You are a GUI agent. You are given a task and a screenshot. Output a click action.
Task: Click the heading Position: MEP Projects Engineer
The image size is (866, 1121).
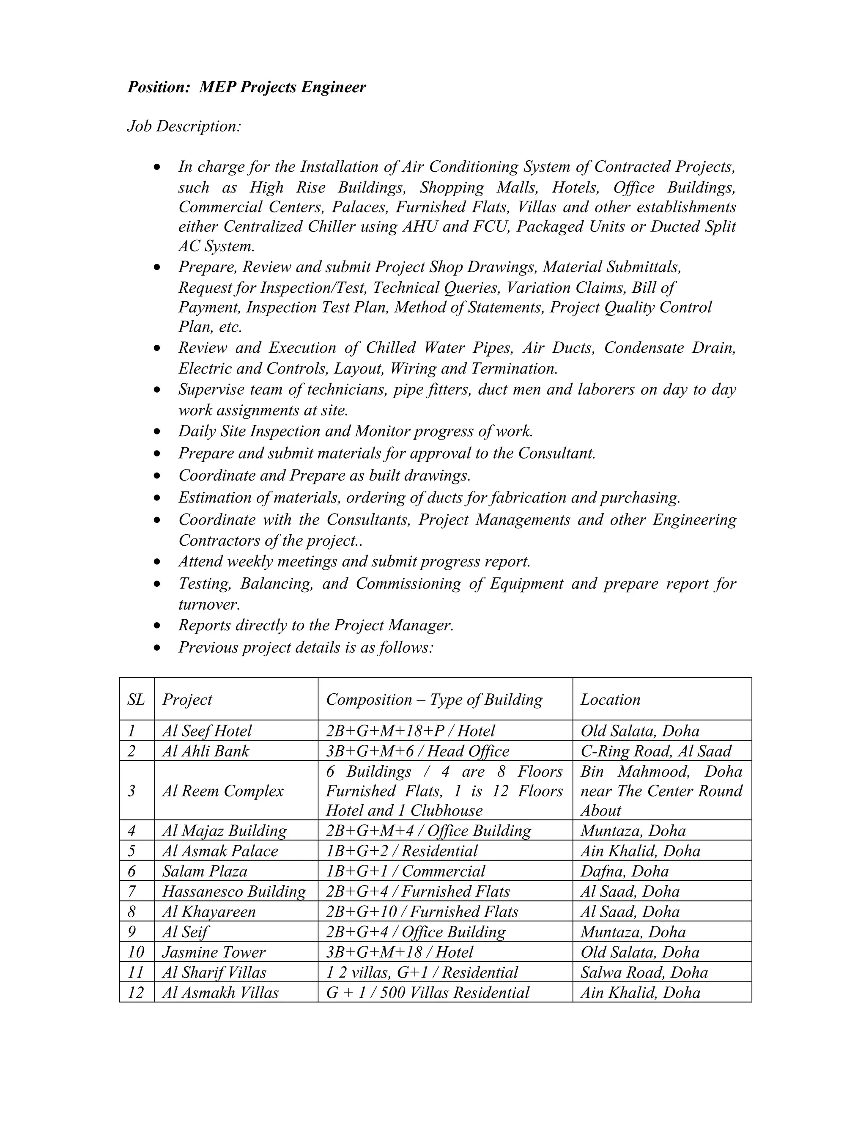(x=246, y=87)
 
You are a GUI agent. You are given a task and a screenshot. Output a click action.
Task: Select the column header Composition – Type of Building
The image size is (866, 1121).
(x=434, y=700)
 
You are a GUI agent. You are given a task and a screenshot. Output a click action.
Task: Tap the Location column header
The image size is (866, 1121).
(x=610, y=700)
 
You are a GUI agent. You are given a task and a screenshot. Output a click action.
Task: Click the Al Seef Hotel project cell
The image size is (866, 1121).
(x=207, y=731)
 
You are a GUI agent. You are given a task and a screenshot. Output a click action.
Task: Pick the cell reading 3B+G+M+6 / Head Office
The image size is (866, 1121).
(x=418, y=751)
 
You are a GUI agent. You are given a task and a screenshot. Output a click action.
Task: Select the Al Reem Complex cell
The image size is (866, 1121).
(x=223, y=791)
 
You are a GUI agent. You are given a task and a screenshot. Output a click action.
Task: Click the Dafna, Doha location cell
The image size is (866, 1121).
(x=625, y=871)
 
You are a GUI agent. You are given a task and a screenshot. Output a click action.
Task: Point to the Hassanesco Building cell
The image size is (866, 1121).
(x=234, y=892)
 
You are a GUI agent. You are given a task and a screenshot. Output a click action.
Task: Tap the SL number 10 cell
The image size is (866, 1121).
(x=137, y=952)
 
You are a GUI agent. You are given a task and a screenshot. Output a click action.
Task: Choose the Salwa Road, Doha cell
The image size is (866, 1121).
(x=644, y=973)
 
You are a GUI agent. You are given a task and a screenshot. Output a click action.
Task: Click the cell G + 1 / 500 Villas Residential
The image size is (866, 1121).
(x=428, y=993)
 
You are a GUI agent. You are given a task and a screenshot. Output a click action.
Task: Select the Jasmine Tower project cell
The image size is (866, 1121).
(x=214, y=952)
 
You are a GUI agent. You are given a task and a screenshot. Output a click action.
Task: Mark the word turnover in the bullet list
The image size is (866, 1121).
(x=208, y=604)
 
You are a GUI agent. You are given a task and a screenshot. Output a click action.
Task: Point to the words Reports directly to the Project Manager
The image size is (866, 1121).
(x=316, y=625)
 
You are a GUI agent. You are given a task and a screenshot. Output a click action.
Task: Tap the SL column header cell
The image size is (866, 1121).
(x=136, y=700)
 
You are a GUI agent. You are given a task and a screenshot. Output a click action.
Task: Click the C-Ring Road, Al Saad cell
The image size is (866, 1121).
(x=656, y=751)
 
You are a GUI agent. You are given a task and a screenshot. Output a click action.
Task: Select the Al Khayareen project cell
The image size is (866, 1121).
(x=208, y=912)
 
